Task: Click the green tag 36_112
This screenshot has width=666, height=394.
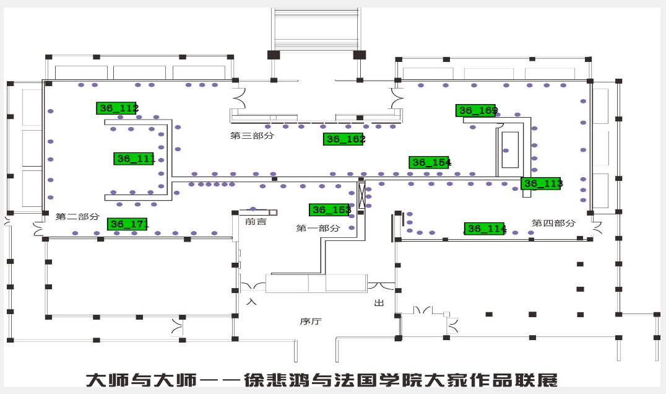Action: tap(116, 108)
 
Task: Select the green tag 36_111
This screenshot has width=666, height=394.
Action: tap(134, 159)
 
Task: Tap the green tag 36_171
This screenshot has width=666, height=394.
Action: tap(127, 224)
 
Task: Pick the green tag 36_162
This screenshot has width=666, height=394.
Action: tap(343, 139)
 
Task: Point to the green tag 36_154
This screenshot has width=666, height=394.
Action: tap(429, 162)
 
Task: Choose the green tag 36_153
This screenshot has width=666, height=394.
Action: tap(329, 210)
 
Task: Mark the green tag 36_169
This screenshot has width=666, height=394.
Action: tap(476, 111)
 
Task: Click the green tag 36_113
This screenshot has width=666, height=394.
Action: tap(541, 183)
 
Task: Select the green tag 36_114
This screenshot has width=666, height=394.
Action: tap(485, 229)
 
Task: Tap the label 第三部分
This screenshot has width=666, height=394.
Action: tap(252, 135)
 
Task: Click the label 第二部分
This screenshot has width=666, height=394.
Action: tap(77, 217)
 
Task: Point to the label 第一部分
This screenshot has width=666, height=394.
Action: tap(318, 228)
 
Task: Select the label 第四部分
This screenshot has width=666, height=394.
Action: tap(554, 223)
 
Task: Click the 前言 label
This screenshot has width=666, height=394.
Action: tap(256, 221)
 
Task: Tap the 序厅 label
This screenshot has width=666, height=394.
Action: tap(311, 321)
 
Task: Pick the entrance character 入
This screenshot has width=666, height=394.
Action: tap(251, 302)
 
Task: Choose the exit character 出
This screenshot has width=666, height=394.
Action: tap(379, 303)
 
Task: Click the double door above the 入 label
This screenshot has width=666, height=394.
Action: tap(253, 286)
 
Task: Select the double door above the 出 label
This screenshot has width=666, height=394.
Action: tap(381, 286)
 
